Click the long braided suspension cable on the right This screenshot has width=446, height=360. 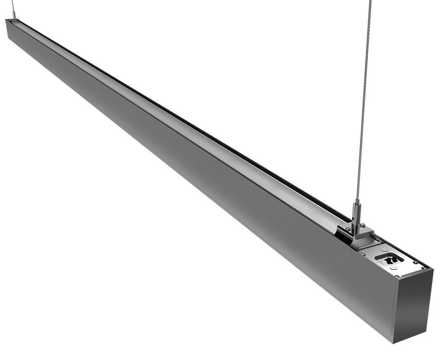364,99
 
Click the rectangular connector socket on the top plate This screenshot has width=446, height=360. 389,258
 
